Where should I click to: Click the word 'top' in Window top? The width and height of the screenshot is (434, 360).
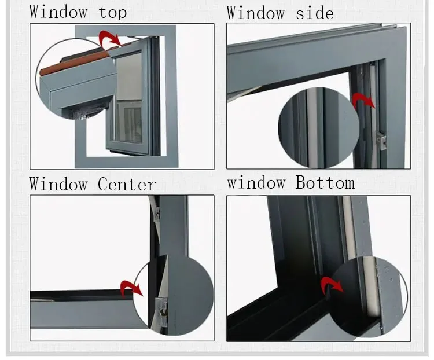(x=113, y=12)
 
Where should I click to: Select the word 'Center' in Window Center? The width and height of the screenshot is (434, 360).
(x=127, y=185)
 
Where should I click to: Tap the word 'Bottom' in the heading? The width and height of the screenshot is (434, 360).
(x=325, y=183)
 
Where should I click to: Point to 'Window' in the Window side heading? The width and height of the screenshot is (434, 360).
(x=255, y=12)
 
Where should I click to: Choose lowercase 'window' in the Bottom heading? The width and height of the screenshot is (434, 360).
(x=255, y=183)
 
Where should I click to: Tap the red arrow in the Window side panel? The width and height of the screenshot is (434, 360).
(x=363, y=101)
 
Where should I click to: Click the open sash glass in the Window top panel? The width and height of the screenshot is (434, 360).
(x=129, y=98)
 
